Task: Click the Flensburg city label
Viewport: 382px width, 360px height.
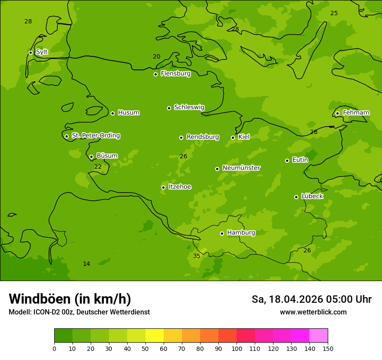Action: coord(175,74)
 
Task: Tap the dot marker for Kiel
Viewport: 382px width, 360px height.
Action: coord(233,137)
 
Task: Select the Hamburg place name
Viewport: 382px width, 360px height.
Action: coord(241,233)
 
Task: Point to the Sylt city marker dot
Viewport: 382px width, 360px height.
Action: coord(30,52)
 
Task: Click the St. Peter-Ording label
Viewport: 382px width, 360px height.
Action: coord(95,136)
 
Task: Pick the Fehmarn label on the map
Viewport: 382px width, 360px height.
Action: coord(356,113)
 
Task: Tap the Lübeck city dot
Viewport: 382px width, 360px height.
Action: coord(296,197)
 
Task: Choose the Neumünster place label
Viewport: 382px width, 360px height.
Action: coord(241,168)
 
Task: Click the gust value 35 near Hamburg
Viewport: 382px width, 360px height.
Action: coord(197,256)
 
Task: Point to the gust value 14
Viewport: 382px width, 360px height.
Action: coord(86,264)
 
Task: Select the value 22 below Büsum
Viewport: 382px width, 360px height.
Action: coord(98,167)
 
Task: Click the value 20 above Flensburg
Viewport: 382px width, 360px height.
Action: coord(157,56)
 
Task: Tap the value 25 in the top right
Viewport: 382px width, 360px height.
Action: coord(334,13)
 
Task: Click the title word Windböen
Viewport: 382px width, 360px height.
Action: coord(40,299)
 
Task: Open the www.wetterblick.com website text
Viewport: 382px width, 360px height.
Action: coord(313,312)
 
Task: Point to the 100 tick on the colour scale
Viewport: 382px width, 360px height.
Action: coord(237,349)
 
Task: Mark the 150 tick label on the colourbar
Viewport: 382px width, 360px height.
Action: coord(328,349)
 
